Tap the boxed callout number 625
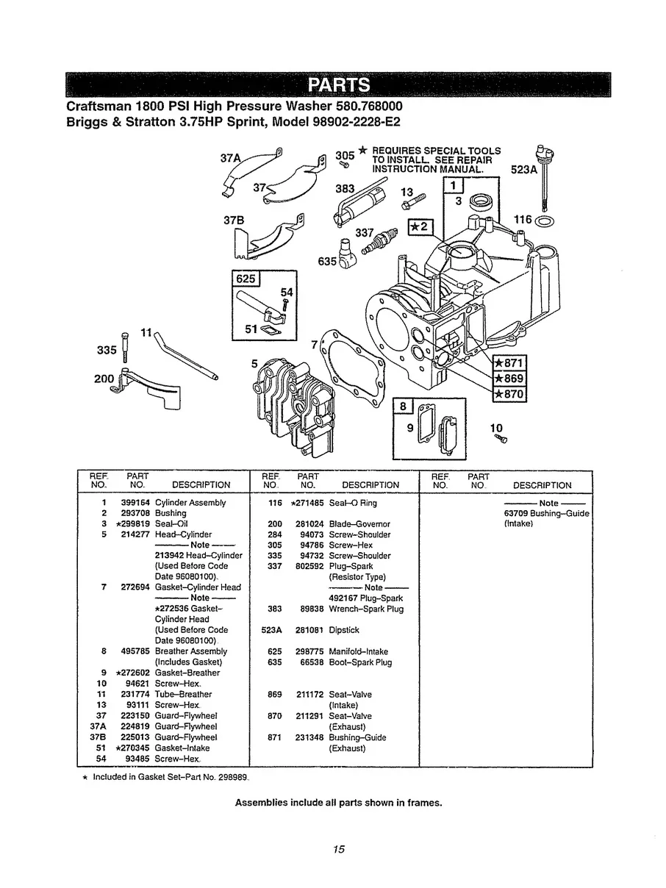243,279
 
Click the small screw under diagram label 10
502,439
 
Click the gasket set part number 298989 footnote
233,776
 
